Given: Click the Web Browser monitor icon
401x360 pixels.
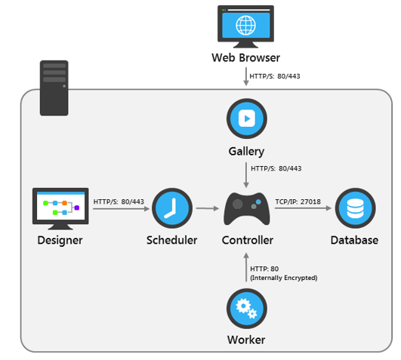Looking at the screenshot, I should click(246, 25).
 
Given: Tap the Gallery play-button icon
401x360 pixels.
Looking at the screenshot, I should click(246, 118).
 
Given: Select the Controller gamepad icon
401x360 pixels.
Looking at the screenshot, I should click(246, 208).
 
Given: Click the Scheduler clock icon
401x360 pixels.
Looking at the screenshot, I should click(171, 208).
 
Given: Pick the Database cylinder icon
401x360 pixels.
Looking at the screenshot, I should click(354, 208).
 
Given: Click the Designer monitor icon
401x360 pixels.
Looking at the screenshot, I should click(61, 208).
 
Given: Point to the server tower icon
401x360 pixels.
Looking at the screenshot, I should click(54, 88).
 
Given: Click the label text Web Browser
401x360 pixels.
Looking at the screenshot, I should click(246, 58).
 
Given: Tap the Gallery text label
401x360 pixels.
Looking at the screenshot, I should click(246, 152).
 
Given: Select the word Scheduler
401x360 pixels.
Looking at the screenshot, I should click(171, 241).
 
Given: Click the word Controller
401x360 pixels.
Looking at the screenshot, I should click(247, 241).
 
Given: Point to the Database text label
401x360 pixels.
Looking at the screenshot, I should click(354, 241).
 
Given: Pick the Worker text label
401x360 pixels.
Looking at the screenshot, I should click(246, 340).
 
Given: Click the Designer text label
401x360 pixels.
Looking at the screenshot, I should click(60, 241).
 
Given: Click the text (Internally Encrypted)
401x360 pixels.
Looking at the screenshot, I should click(284, 278).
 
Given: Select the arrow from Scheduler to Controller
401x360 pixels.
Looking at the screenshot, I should click(206, 208).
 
